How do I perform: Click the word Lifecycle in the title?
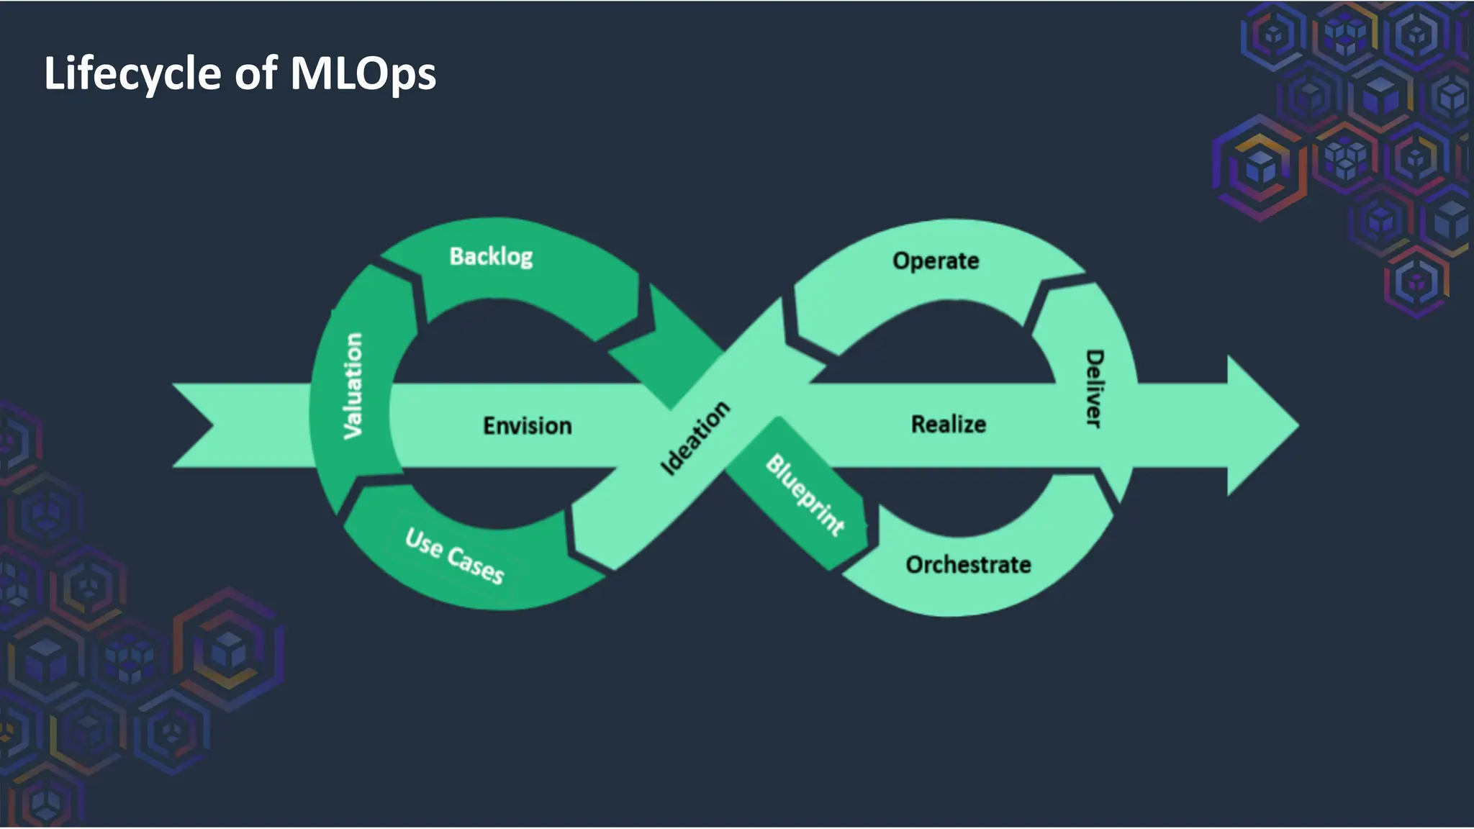tap(132, 73)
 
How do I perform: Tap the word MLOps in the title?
tap(363, 73)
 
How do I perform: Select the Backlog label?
tap(491, 256)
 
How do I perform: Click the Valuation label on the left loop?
tap(353, 386)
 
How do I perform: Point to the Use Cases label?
tap(454, 556)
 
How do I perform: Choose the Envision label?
tap(528, 425)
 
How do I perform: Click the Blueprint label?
tap(805, 494)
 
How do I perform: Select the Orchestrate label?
tap(968, 565)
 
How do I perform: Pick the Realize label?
tap(949, 424)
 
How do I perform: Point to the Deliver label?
tap(1094, 389)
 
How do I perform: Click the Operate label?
tap(936, 261)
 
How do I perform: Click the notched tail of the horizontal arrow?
tap(202, 425)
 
